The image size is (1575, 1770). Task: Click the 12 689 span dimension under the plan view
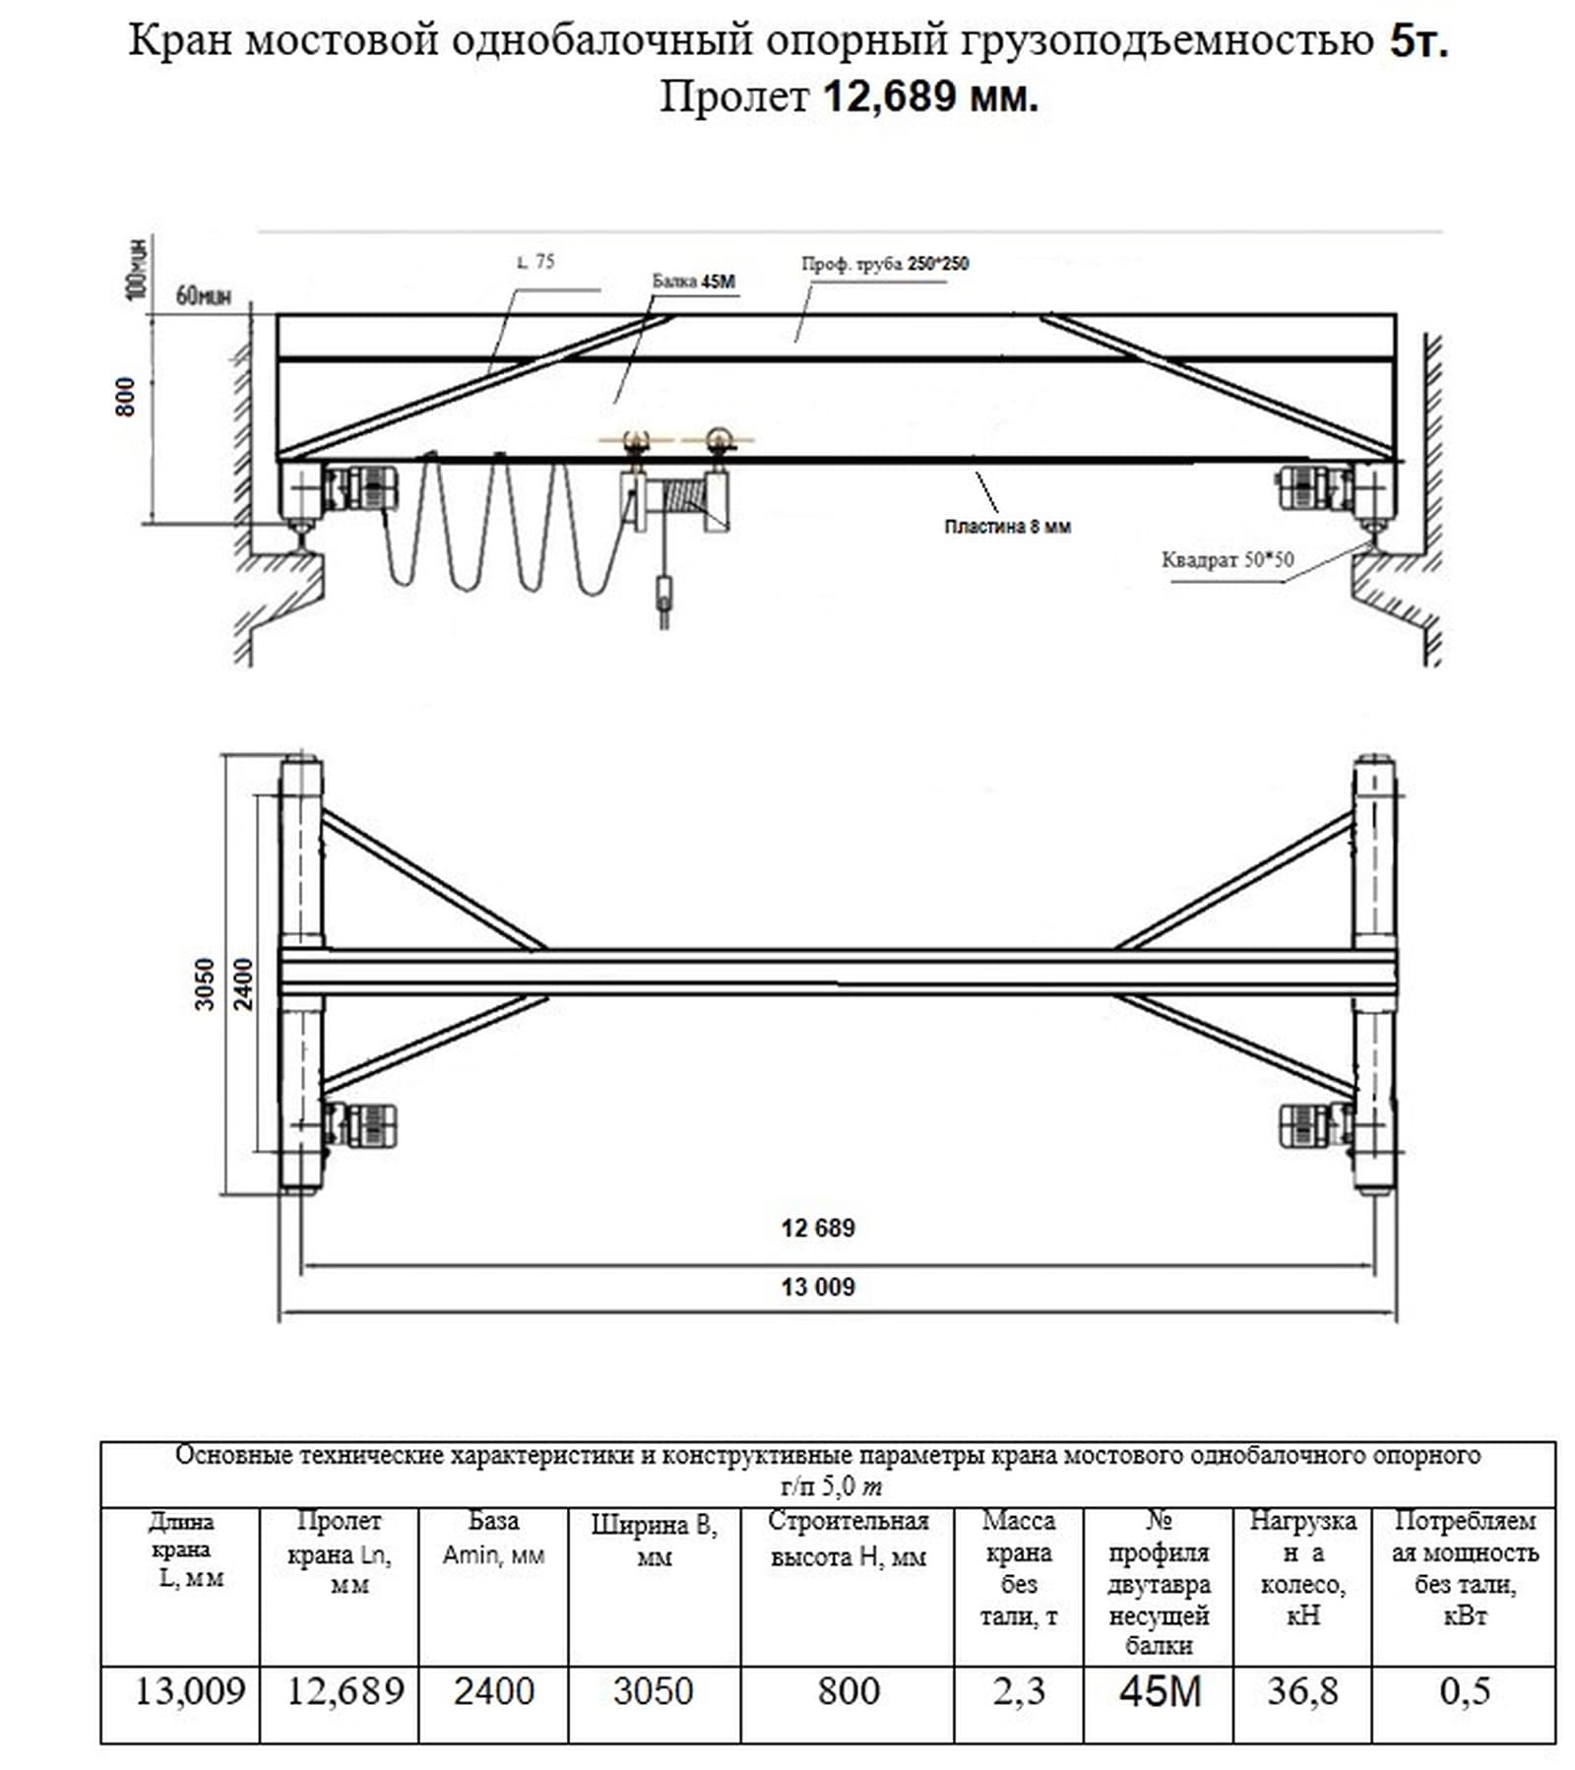[817, 1228]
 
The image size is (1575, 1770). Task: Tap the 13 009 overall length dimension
[817, 1287]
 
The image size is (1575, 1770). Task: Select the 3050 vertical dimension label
[205, 983]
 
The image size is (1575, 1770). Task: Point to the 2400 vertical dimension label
[244, 983]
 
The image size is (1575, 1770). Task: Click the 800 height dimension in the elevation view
[126, 397]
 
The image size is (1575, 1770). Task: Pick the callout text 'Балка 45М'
[693, 282]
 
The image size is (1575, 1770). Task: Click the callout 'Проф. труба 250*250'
[884, 264]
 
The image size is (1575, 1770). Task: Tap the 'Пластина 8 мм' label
[1007, 527]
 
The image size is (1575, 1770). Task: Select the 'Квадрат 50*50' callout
[1227, 560]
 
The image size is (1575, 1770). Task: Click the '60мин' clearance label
[203, 294]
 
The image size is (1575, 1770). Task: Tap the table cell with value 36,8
[1302, 1690]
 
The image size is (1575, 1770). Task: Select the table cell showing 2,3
[1018, 1690]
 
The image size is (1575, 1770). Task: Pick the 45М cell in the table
[1160, 1690]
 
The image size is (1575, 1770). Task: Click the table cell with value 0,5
[1464, 1690]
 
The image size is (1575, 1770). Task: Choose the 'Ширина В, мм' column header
[654, 1541]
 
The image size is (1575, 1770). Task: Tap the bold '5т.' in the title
[1418, 41]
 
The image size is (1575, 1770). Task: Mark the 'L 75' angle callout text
[535, 262]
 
